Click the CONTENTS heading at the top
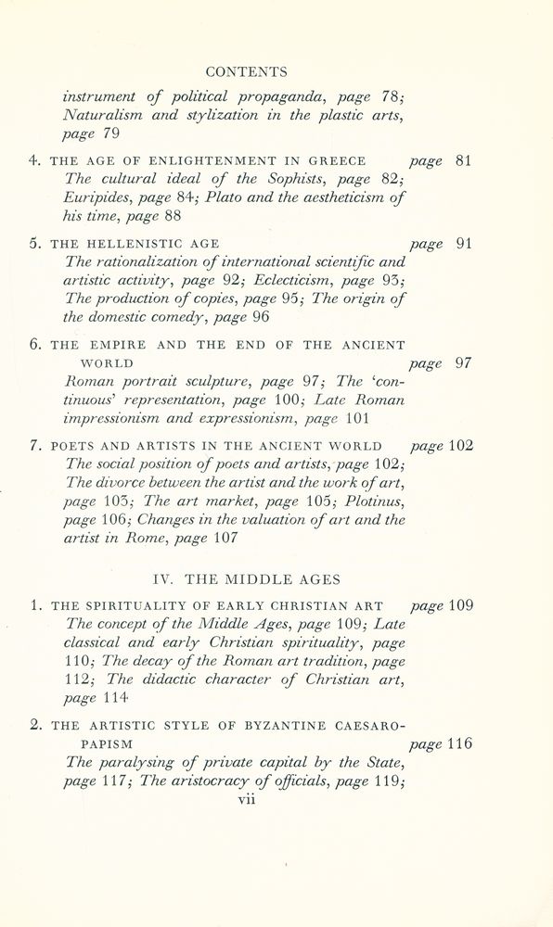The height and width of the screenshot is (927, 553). tap(246, 71)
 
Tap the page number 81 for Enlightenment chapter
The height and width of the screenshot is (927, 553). tap(464, 160)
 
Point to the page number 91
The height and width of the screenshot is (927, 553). tap(464, 245)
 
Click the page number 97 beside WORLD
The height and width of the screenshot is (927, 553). tap(464, 363)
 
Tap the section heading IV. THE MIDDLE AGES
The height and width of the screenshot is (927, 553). tap(246, 579)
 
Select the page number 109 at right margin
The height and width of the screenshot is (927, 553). tap(460, 606)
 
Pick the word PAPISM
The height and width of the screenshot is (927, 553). tap(106, 744)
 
